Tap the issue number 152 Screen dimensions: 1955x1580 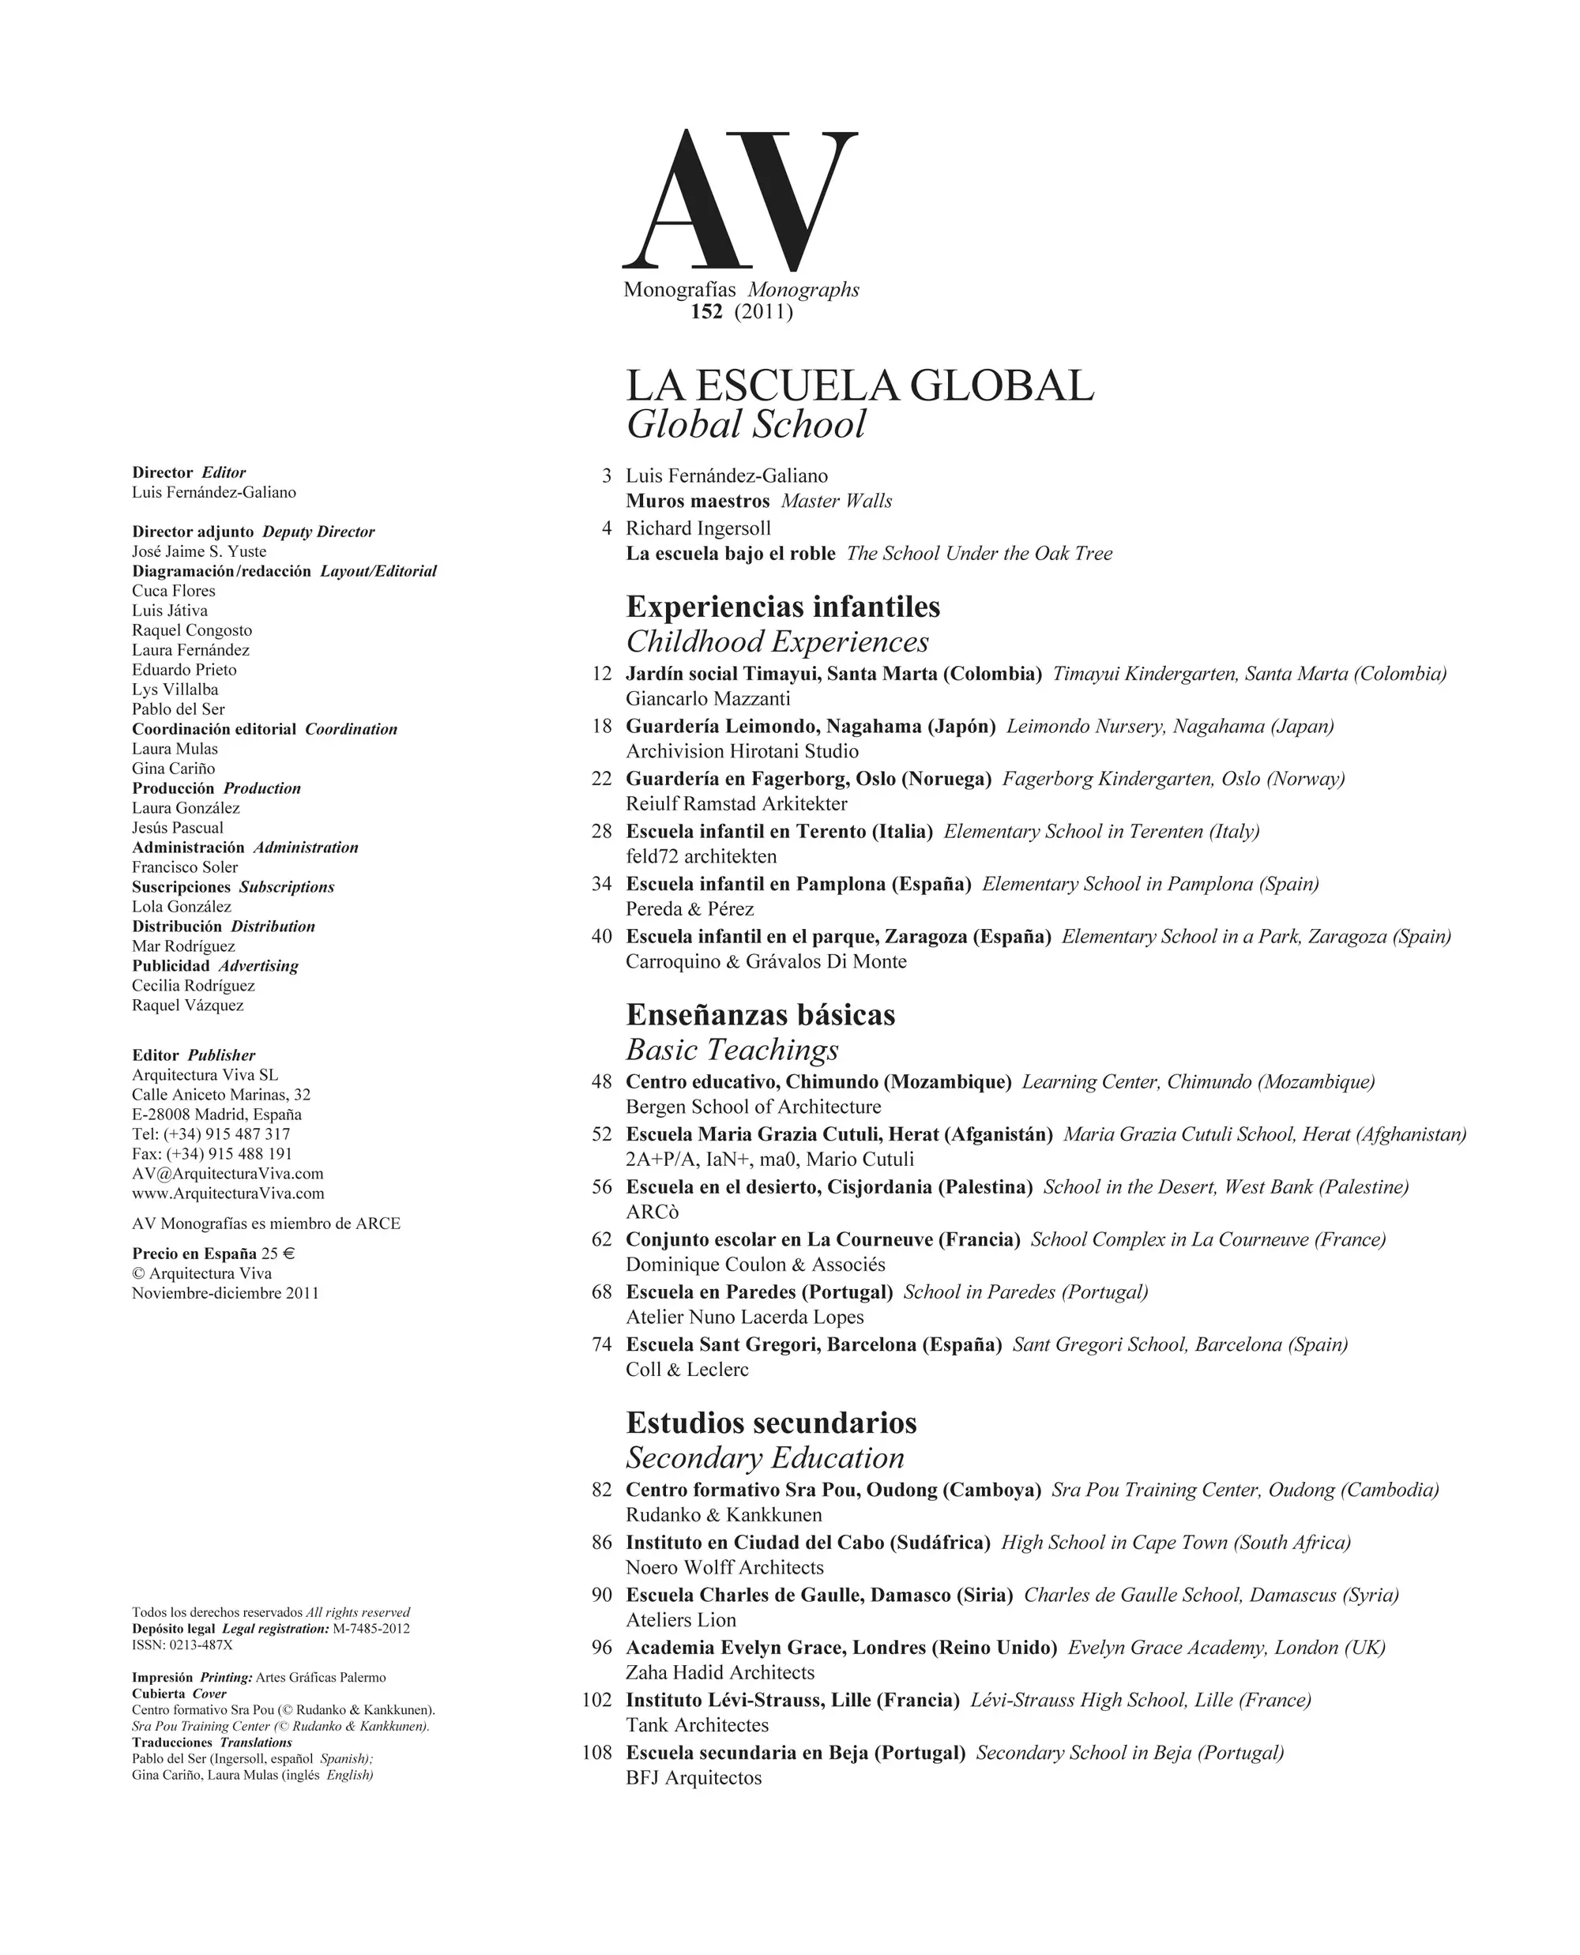(706, 312)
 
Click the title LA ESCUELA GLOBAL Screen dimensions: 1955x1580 (860, 386)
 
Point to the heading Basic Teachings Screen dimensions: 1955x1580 (732, 1051)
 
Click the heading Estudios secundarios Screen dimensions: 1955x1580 (771, 1423)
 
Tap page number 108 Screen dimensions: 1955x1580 (597, 1753)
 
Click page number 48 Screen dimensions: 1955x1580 (602, 1082)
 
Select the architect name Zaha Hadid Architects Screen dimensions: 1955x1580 (720, 1673)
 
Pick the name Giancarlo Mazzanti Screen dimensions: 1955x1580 (708, 699)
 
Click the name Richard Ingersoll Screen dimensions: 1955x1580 (698, 528)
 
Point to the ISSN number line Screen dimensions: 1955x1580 (182, 1645)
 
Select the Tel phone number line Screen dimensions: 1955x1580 (211, 1134)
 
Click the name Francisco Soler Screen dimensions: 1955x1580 (185, 867)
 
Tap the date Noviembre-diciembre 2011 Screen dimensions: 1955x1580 (226, 1293)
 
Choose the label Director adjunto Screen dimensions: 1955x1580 (193, 532)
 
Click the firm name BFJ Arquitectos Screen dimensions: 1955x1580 (694, 1778)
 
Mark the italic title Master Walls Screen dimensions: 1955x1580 (837, 502)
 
